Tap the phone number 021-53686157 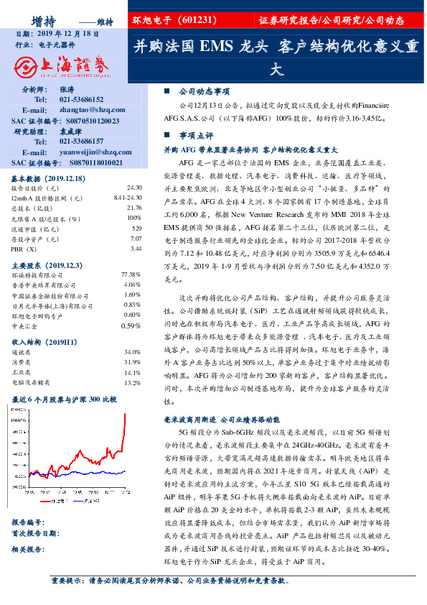coord(81,142)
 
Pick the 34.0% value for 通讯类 coord(131,353)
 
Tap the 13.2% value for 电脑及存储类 coord(131,383)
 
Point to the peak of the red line coord(126,414)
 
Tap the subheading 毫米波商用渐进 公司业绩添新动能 coord(227,419)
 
